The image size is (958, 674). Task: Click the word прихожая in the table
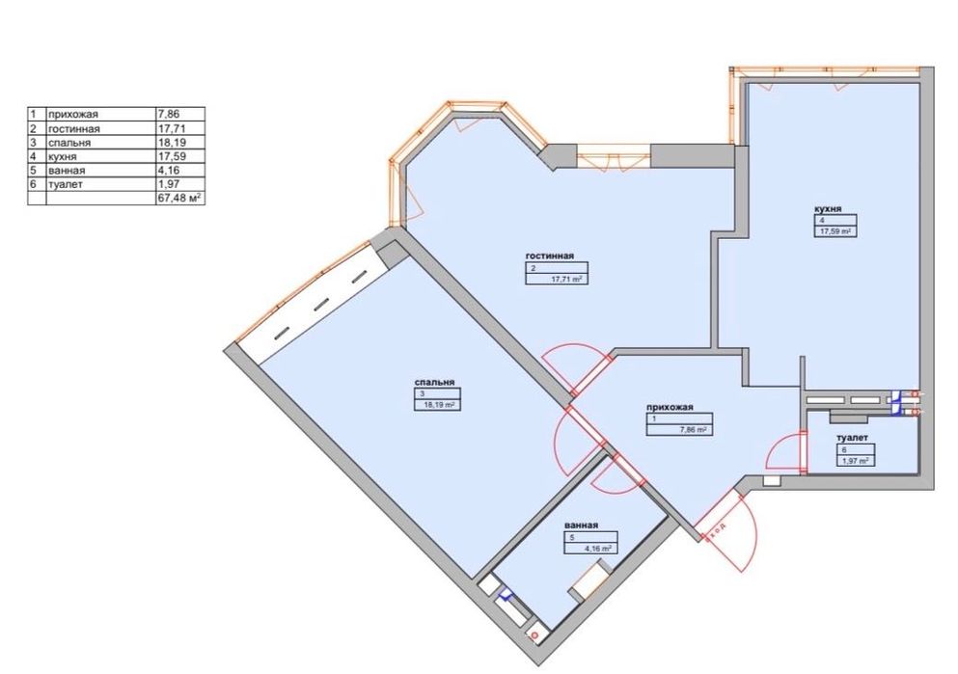(x=72, y=114)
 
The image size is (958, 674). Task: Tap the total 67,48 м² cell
(x=179, y=198)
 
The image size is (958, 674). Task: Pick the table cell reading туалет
(x=66, y=184)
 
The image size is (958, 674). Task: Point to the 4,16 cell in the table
(x=168, y=170)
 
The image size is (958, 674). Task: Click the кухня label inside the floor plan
(x=827, y=209)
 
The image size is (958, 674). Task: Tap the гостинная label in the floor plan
(x=549, y=256)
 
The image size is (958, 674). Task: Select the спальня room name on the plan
(x=434, y=382)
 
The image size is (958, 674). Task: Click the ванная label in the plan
(x=581, y=526)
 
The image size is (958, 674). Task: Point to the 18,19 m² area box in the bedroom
(x=437, y=400)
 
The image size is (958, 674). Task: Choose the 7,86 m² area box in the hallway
(x=679, y=424)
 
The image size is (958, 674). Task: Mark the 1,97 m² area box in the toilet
(x=856, y=455)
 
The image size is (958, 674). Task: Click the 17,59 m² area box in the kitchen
(x=835, y=226)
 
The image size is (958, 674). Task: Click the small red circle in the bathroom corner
(x=535, y=636)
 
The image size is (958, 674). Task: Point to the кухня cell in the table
(x=63, y=156)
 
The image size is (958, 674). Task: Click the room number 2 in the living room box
(x=533, y=268)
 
